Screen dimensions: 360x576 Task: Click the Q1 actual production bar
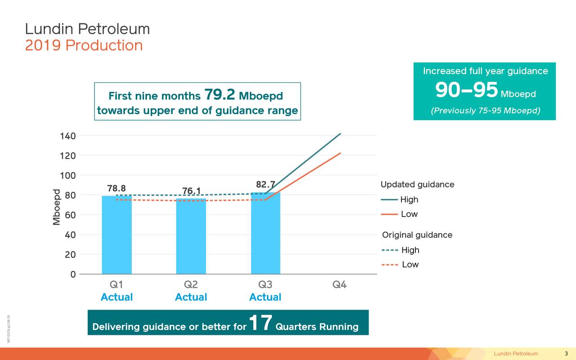[x=117, y=235]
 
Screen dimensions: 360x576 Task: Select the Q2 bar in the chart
[x=191, y=236]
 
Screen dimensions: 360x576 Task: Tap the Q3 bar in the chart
[x=265, y=233]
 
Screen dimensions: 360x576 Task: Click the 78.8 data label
[x=117, y=188]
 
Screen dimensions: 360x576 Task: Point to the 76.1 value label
[x=191, y=191]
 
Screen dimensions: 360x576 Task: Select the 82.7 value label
[x=265, y=184]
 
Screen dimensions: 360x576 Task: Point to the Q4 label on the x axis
[x=339, y=285]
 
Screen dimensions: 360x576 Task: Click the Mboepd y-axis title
[x=57, y=207]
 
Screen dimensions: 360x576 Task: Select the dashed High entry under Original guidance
[x=400, y=250]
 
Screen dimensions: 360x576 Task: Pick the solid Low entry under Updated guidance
[x=399, y=214]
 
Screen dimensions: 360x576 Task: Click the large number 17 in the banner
[x=260, y=323]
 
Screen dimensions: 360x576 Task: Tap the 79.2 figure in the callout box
[x=220, y=95]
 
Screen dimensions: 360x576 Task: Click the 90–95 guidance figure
[x=467, y=90]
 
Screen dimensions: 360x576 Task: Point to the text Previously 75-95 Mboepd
[x=486, y=111]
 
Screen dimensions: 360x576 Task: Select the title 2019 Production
[x=84, y=45]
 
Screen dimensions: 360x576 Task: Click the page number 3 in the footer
[x=566, y=353]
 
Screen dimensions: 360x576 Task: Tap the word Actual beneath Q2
[x=191, y=297]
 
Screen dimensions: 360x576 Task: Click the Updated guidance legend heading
[x=417, y=184]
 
